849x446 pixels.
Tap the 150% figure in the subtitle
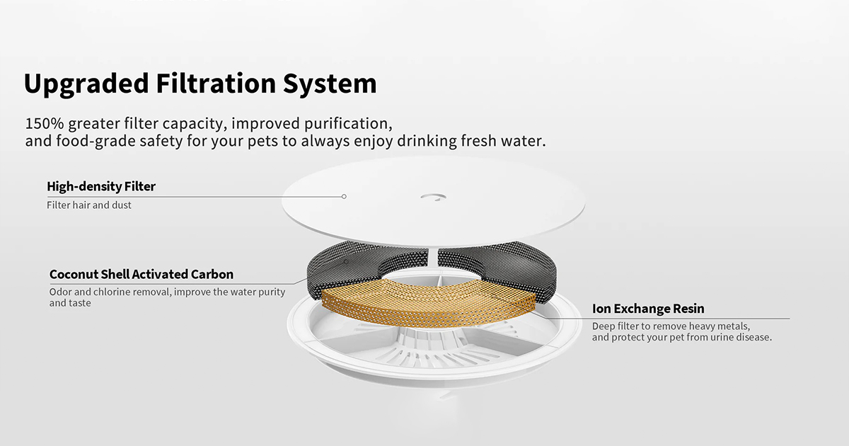point(45,124)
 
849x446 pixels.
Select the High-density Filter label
point(101,186)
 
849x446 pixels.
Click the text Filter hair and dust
point(89,205)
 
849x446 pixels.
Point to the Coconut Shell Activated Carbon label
point(141,274)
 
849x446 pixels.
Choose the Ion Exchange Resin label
point(648,309)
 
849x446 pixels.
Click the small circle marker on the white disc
point(344,197)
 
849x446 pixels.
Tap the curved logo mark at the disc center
point(434,197)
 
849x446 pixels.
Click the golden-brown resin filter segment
point(428,302)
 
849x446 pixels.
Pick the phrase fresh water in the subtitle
point(503,141)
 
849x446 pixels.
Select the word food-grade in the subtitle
point(96,142)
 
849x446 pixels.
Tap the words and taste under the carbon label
point(70,303)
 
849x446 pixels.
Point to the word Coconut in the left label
point(74,274)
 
